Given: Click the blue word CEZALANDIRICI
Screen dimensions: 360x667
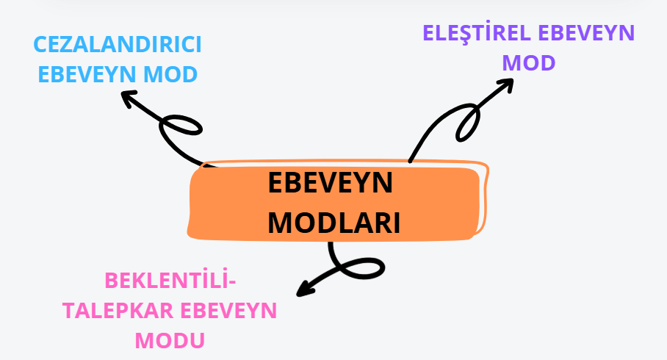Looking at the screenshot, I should point(118,46).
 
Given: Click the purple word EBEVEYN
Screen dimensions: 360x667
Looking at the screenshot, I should point(587,35).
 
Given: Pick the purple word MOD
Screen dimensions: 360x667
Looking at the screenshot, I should point(529,63).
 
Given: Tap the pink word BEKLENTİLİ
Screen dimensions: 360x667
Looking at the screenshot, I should point(168,281).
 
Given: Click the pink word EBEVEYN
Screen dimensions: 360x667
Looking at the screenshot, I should point(227,310).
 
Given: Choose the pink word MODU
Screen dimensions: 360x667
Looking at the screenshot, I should point(170,340).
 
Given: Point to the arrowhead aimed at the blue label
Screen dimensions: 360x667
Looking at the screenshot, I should point(129,97).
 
